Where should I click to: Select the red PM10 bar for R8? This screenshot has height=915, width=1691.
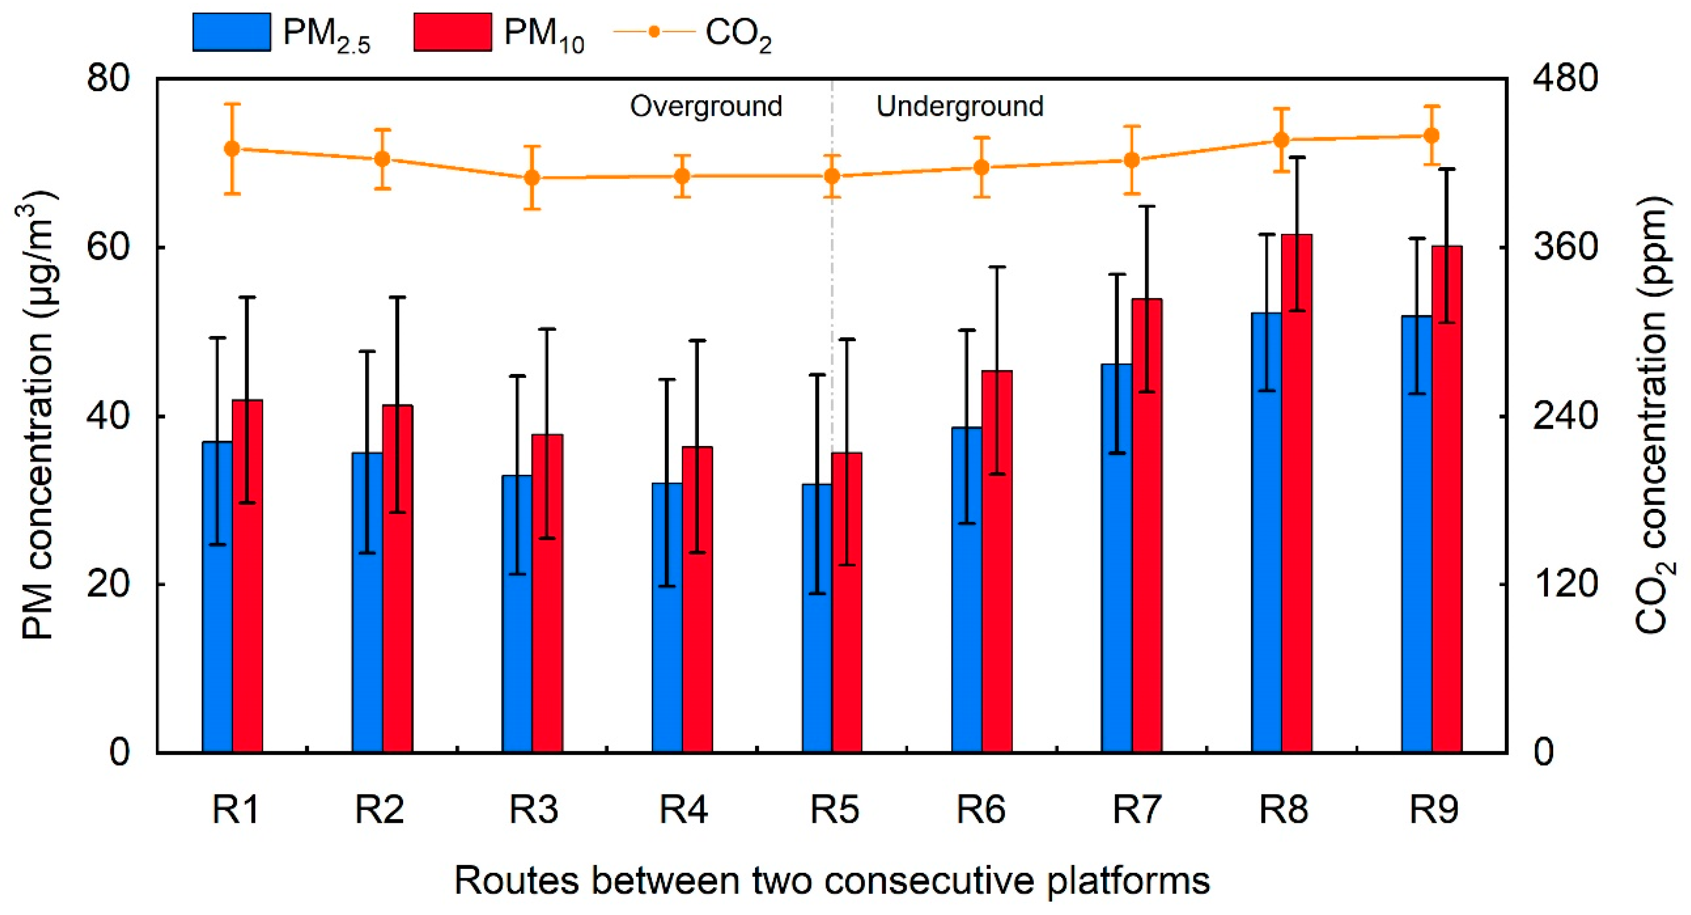point(1296,492)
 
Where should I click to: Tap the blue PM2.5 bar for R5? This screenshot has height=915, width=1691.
point(816,617)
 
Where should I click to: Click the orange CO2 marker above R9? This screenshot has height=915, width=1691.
point(1432,136)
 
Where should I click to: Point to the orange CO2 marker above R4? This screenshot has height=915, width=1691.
point(682,176)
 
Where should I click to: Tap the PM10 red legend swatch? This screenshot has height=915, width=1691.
point(452,32)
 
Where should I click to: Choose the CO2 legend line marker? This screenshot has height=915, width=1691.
point(654,32)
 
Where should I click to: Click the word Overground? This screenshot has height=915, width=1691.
point(706,107)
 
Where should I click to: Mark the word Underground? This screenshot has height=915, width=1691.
point(959,107)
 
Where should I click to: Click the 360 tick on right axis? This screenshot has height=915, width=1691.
point(1564,247)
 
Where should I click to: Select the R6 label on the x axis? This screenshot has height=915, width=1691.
point(980,809)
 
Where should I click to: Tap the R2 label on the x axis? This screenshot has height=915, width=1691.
point(379,809)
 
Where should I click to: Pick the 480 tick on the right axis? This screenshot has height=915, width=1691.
point(1564,79)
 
